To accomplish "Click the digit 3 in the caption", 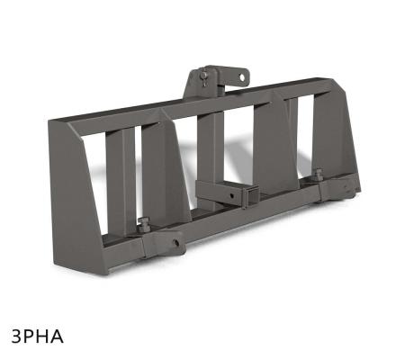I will click(18, 337).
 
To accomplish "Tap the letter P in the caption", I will click(31, 337).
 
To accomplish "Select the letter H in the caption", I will click(46, 337).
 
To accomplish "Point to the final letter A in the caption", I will click(59, 337).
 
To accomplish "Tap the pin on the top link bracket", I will click(206, 76).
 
